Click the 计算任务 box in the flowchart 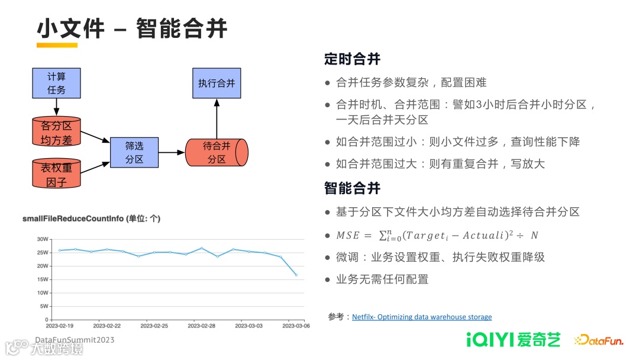56,83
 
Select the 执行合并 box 216,83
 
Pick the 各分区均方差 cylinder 56,133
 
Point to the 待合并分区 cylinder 216,152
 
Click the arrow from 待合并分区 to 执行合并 216,118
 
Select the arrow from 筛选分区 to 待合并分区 172,152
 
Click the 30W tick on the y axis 43,239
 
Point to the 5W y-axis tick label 43,306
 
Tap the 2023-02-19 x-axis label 60,326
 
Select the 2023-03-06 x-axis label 296,326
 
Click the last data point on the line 296,275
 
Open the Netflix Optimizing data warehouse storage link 421,317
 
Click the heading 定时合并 352,59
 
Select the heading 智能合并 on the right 352,188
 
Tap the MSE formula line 437,235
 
